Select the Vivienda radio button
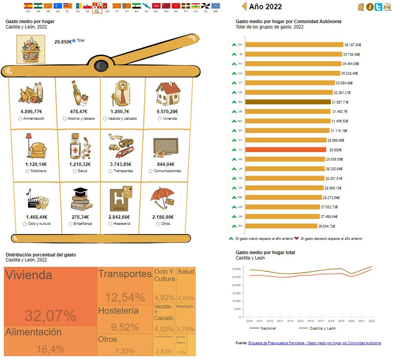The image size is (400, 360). pyautogui.click(x=160, y=118)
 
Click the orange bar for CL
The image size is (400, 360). pyautogui.click(x=286, y=150)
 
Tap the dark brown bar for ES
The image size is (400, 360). pyautogui.click(x=288, y=102)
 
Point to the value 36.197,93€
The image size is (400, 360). pyautogui.click(x=353, y=45)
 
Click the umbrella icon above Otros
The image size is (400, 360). pyautogui.click(x=163, y=198)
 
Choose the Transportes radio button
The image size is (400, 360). pyautogui.click(x=110, y=171)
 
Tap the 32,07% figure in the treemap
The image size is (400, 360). pyautogui.click(x=51, y=316)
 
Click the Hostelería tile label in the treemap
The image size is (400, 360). pyautogui.click(x=118, y=311)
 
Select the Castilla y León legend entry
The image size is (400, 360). pyautogui.click(x=322, y=328)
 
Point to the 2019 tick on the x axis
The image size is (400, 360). pyautogui.click(x=341, y=321)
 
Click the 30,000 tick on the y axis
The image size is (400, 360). pyautogui.click(x=236, y=269)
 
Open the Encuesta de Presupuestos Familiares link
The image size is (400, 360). pyautogui.click(x=314, y=343)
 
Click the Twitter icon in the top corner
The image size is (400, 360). pyautogui.click(x=378, y=7)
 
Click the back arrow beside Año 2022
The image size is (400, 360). pyautogui.click(x=244, y=6)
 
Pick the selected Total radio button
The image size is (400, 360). pyautogui.click(x=74, y=41)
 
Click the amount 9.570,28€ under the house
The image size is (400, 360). pyautogui.click(x=167, y=112)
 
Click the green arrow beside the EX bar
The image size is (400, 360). pyautogui.click(x=234, y=226)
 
